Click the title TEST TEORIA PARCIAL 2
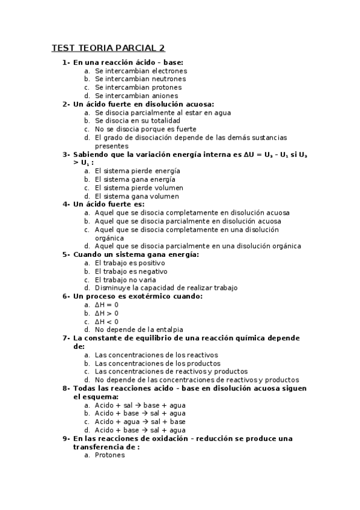108,48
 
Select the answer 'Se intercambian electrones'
141,70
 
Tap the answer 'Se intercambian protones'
138,87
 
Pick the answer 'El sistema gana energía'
135,179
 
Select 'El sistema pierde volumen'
137,188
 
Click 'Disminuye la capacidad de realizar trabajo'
166,287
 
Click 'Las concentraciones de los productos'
157,363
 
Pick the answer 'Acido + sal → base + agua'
140,405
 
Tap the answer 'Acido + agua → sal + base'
140,422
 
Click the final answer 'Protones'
110,455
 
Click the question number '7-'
67,338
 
